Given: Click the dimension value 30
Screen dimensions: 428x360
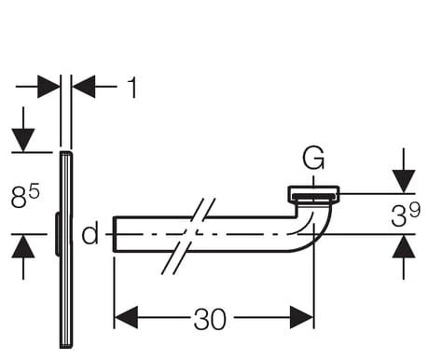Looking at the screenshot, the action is coord(210,319).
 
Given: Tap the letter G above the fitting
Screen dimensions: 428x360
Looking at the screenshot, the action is coord(313,158).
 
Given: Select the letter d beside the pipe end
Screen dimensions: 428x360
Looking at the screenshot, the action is coord(90,232).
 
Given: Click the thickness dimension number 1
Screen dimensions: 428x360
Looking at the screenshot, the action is coord(132,88).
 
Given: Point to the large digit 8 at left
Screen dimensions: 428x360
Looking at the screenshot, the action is coord(19,197).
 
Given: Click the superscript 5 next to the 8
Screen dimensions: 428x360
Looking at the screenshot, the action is coord(34,191).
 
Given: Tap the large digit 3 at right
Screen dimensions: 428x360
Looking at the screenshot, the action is coord(398,216).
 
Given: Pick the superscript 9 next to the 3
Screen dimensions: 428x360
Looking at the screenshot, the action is coord(414,210).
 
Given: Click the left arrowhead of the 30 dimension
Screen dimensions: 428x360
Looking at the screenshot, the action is coord(126,317).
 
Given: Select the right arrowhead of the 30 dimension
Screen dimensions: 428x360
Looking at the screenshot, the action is coord(301,317).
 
